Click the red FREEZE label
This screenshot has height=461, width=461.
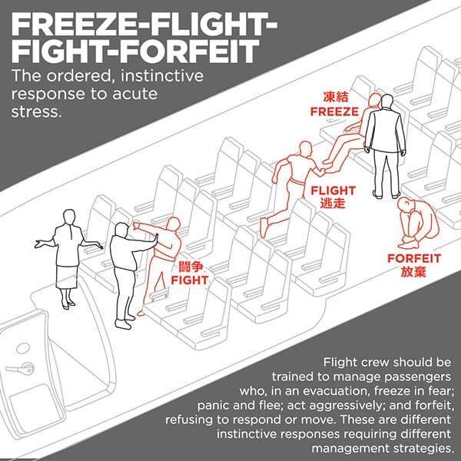point(334,111)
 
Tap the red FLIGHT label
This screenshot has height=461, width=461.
point(333,191)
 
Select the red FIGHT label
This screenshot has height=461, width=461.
point(190,280)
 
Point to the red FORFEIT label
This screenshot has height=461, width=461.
point(414,259)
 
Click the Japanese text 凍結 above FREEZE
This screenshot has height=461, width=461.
point(336,97)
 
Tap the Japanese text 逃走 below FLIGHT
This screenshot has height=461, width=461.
point(333,203)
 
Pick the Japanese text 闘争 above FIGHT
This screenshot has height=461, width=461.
point(191,267)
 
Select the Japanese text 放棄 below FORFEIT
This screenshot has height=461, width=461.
point(413,272)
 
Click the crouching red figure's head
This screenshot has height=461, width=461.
point(405,204)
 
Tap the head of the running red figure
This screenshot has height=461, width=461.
point(306,149)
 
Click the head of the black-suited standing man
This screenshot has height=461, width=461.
point(386,101)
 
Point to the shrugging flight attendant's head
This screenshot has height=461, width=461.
point(69,217)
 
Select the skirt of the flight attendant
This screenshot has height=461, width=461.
point(67,277)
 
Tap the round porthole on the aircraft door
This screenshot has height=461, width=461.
point(23,348)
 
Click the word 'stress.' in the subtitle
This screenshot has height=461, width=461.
point(37,112)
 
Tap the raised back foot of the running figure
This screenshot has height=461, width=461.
point(264,227)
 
